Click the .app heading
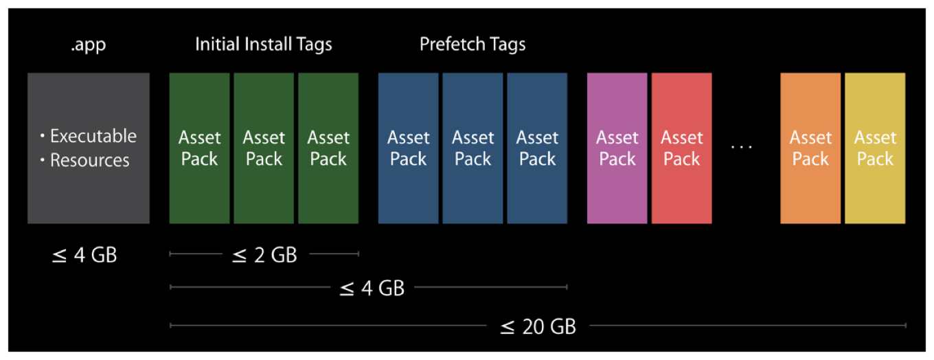(88, 45)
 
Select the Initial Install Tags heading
(264, 45)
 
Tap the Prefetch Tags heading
(472, 45)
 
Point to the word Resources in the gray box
(90, 161)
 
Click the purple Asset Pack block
(617, 148)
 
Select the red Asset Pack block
(681, 148)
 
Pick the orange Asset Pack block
(810, 148)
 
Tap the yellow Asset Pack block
(875, 148)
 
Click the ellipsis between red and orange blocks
(742, 147)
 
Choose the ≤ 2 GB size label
(264, 256)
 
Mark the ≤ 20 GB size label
(538, 326)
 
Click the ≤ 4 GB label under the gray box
(84, 256)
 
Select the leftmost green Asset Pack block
(199, 148)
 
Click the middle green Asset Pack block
(264, 148)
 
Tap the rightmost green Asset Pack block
(328, 148)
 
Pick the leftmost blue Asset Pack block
(408, 148)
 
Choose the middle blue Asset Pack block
(472, 148)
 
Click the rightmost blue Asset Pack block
(537, 148)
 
